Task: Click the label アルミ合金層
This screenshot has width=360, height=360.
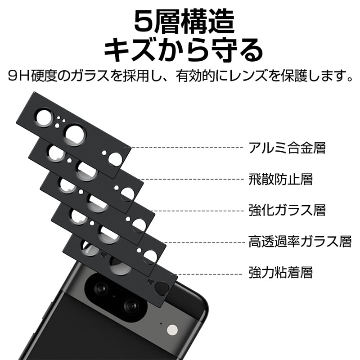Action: pyautogui.click(x=287, y=148)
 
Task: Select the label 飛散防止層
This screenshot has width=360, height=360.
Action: pyautogui.click(x=280, y=179)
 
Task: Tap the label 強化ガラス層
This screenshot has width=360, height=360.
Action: pyautogui.click(x=287, y=210)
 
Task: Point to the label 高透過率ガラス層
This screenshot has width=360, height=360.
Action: pyautogui.click(x=300, y=242)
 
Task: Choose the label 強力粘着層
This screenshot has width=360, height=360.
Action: pyautogui.click(x=280, y=272)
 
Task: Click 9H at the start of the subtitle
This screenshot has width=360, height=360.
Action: pyautogui.click(x=19, y=76)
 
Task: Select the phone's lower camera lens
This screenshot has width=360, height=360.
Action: pyautogui.click(x=133, y=306)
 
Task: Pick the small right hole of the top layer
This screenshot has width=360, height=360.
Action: pyautogui.click(x=115, y=159)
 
